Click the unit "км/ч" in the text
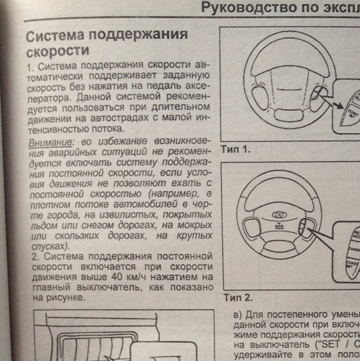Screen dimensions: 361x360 158,278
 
